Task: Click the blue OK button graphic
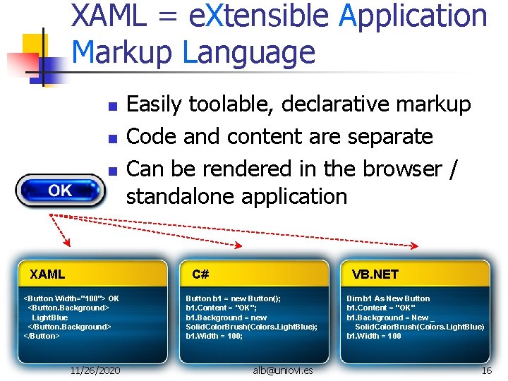[x=61, y=190]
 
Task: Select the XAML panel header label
[x=47, y=274]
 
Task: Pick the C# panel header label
[x=200, y=274]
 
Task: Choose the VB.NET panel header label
[x=375, y=274]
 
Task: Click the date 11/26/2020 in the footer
[x=95, y=370]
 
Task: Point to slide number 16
[x=486, y=370]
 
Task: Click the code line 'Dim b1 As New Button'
[x=387, y=298]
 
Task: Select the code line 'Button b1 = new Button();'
[x=233, y=298]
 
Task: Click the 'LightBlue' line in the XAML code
[x=50, y=317]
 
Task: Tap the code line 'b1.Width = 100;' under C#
[x=214, y=336]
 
